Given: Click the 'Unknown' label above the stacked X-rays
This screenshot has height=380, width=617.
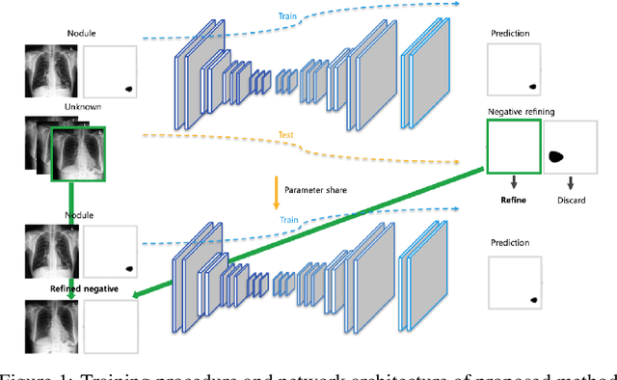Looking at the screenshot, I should (x=82, y=106).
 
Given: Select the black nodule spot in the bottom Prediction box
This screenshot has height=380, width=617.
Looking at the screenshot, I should (x=531, y=301).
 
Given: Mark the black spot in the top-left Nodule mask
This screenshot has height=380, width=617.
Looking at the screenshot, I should (x=128, y=90).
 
